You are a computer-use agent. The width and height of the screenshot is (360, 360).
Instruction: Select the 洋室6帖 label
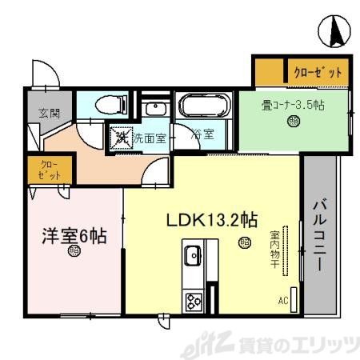click(74, 236)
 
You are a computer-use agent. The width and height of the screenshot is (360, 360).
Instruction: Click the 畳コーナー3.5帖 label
click(294, 104)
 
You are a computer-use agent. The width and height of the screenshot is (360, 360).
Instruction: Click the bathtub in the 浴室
click(203, 106)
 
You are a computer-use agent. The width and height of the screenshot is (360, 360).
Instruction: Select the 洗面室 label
click(149, 138)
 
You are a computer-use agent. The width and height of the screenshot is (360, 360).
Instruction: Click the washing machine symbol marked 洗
click(122, 138)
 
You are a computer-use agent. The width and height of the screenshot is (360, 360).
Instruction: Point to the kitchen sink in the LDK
click(193, 258)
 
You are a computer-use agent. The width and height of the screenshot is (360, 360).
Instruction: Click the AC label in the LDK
click(282, 301)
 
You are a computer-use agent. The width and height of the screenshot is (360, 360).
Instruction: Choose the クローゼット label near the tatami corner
click(317, 72)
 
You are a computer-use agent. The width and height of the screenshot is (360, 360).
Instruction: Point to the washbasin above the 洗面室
click(156, 108)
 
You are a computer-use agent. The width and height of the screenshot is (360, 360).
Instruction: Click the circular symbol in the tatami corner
click(294, 122)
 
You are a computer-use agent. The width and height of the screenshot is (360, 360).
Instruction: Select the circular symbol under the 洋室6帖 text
click(74, 251)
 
